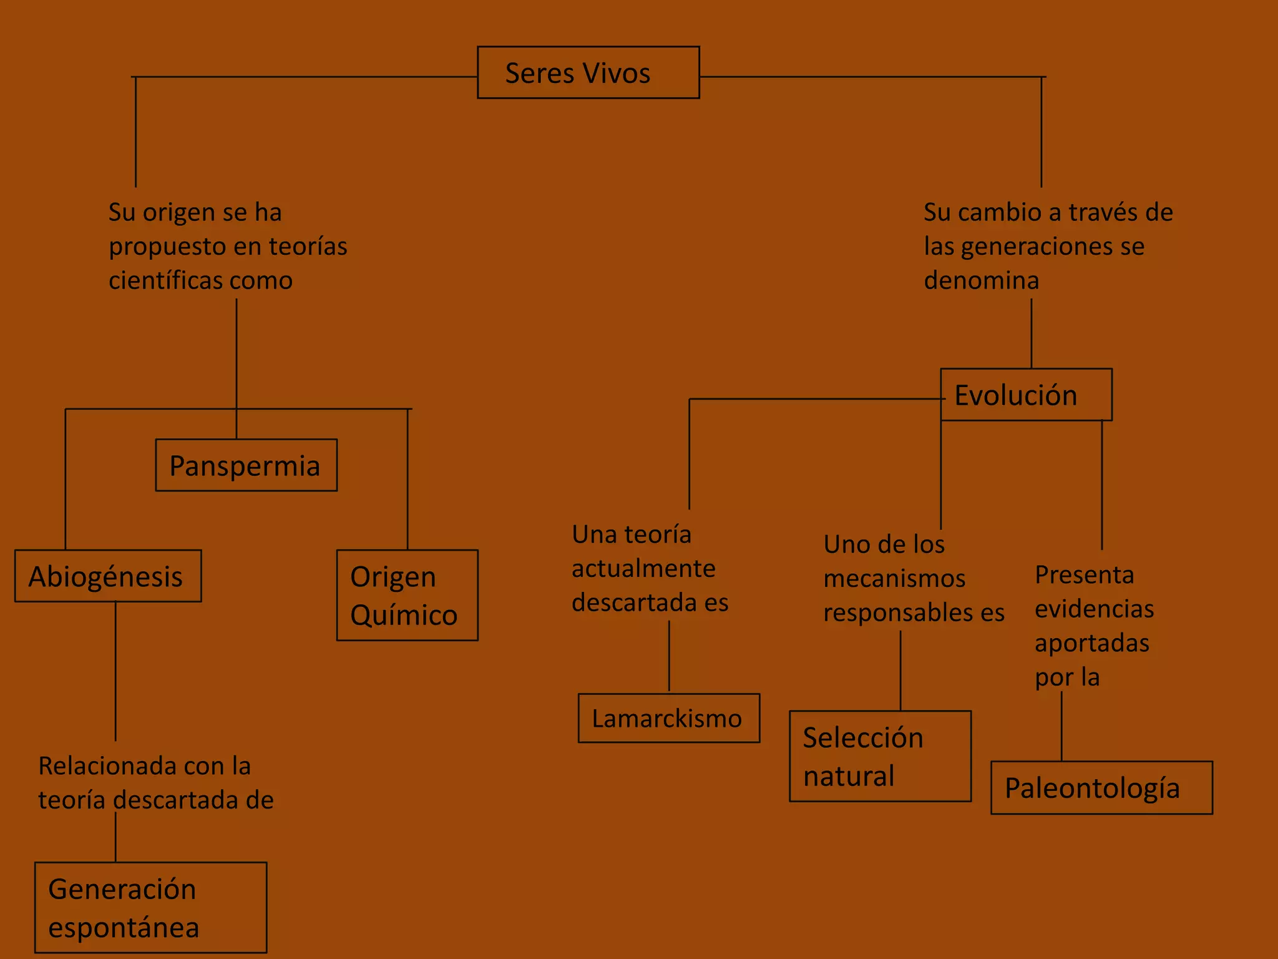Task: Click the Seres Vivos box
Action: click(588, 72)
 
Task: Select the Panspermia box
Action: click(246, 465)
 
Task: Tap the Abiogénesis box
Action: click(108, 576)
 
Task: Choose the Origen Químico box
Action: click(407, 595)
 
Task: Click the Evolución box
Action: click(1026, 395)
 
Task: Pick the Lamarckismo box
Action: click(668, 718)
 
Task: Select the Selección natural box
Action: click(880, 756)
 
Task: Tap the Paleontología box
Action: click(1101, 787)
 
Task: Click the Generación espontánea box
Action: click(150, 907)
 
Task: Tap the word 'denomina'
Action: click(981, 280)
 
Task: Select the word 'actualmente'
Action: click(643, 569)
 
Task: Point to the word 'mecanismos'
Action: click(894, 579)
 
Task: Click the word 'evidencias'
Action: click(1094, 609)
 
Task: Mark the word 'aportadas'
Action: click(1091, 643)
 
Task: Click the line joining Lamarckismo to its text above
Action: click(669, 656)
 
